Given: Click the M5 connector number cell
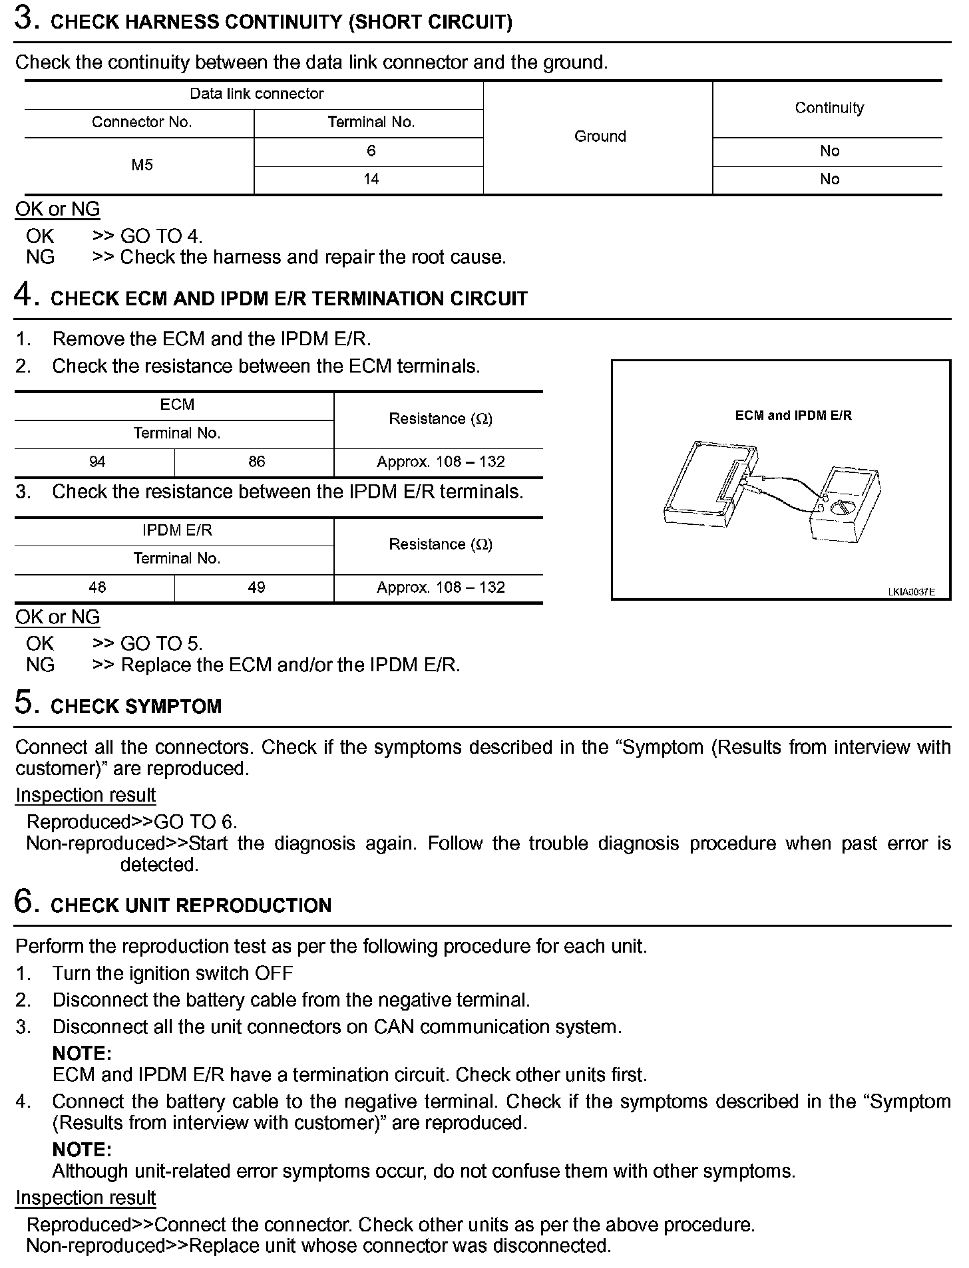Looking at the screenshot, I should point(142,165).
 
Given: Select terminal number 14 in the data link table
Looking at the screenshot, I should point(371,179).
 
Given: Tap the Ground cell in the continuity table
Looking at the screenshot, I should point(600,136).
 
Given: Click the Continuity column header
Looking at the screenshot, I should point(829,108).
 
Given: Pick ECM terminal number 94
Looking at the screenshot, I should point(97,462).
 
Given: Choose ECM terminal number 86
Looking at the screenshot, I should point(256,462).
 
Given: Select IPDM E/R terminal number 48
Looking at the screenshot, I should point(97,587).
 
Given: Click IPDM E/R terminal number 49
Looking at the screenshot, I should point(256,587).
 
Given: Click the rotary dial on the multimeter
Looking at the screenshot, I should point(843,509).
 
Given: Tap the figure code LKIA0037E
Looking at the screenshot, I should point(910,591).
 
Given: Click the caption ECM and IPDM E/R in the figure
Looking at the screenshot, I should point(793,416).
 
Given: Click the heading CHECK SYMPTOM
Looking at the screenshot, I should point(136,707).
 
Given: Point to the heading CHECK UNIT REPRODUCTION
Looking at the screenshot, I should point(190,905).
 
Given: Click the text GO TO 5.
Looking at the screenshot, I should point(161,644).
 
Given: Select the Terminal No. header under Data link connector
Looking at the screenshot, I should point(371,122).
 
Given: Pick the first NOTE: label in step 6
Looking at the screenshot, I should point(82,1054).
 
